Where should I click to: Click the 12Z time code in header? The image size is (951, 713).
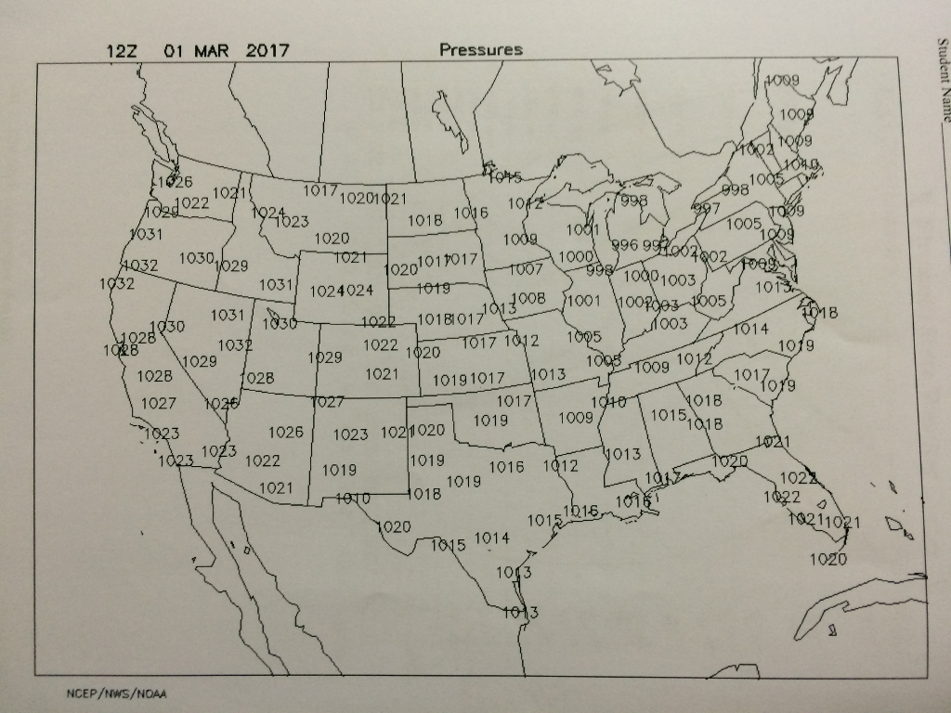tap(122, 50)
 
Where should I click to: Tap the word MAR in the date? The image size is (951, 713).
tap(211, 50)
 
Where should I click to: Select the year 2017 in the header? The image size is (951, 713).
tap(267, 50)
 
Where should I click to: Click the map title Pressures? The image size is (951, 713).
tap(481, 50)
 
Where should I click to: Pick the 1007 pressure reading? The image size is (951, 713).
tap(526, 270)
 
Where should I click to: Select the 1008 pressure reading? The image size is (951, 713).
tap(528, 298)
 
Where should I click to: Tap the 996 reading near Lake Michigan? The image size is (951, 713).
tap(625, 245)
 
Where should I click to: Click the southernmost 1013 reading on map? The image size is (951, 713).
tap(520, 612)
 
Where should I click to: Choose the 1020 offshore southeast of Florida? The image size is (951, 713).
tap(827, 559)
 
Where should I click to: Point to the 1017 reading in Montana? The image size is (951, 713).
tap(319, 190)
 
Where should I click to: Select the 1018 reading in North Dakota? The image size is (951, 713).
tap(424, 221)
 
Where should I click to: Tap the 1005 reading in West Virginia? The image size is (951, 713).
tap(709, 301)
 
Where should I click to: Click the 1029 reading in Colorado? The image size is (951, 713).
tap(325, 357)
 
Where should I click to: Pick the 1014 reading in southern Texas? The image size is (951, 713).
tap(492, 538)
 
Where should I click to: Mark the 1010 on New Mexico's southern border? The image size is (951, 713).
tap(353, 499)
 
